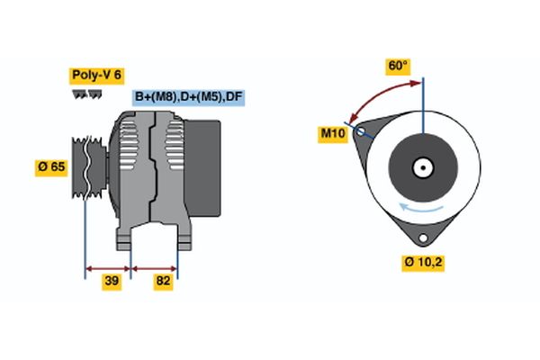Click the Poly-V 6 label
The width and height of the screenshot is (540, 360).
95,76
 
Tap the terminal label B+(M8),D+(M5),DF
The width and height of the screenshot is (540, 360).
188,97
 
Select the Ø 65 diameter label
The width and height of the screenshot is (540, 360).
50,166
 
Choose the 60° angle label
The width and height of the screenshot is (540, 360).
398,67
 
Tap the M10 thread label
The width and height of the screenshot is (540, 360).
333,134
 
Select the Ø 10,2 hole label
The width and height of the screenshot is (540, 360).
422,262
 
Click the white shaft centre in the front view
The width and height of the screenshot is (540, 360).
422,167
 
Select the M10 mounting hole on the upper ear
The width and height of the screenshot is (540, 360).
361,131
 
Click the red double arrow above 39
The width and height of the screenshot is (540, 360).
108,267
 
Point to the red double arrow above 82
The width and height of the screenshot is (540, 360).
155,267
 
